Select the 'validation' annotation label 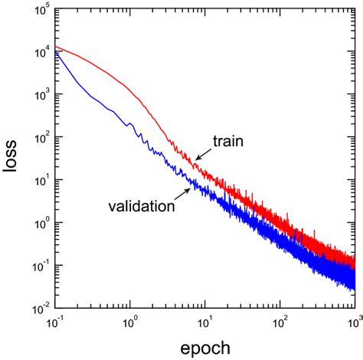pyautogui.click(x=139, y=206)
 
